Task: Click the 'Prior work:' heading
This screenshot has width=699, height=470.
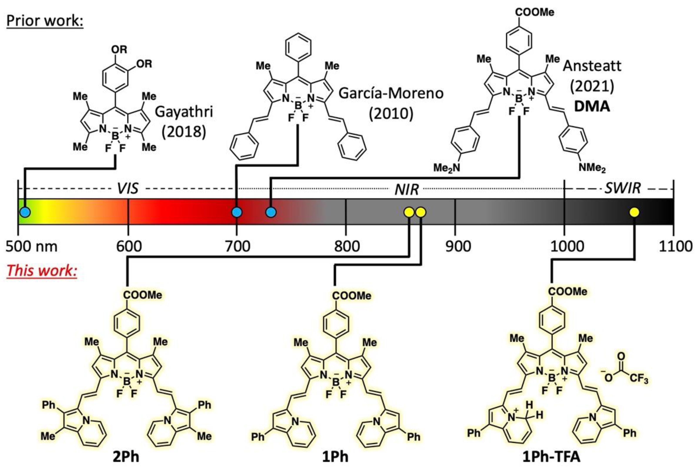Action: tap(45, 21)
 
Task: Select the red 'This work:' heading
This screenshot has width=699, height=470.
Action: tap(42, 270)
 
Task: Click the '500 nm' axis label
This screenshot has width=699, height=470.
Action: tap(32, 246)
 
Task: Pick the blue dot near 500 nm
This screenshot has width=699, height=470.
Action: tap(25, 212)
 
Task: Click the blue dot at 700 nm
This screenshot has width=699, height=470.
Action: tap(237, 212)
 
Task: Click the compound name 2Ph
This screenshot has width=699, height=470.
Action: tap(126, 457)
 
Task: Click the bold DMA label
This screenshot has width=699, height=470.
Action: tap(592, 106)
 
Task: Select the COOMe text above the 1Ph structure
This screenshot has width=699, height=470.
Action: tap(352, 296)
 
